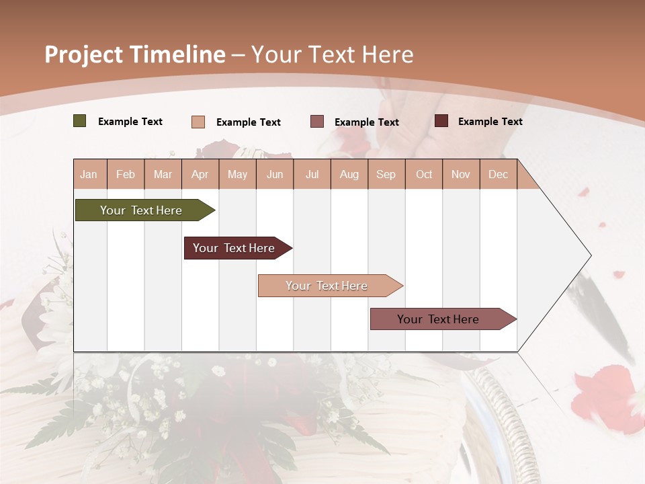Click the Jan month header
(x=89, y=174)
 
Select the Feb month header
(x=126, y=174)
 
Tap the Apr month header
(x=200, y=174)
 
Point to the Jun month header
(x=275, y=174)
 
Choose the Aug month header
(x=349, y=174)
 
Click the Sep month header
(x=386, y=174)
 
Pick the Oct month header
(x=424, y=174)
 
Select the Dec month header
(x=498, y=174)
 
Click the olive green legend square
(x=80, y=121)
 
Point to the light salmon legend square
(x=198, y=122)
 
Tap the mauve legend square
(x=317, y=122)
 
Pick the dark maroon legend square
(x=441, y=121)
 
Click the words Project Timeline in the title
(x=135, y=54)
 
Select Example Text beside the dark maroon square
(x=490, y=122)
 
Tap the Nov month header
(x=460, y=174)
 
